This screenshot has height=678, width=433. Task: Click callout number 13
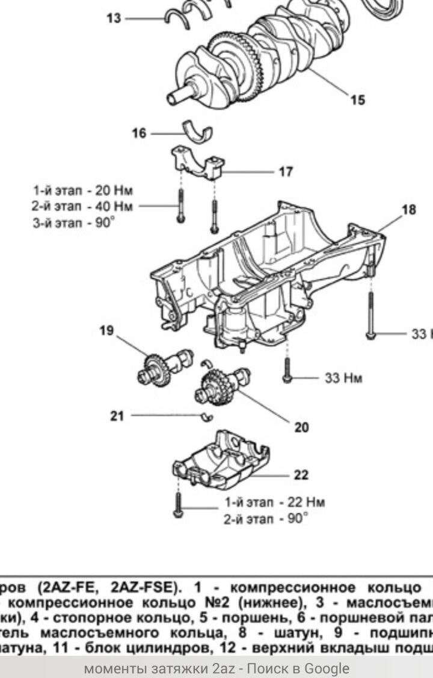point(114,18)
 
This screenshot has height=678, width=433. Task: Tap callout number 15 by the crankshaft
point(357,100)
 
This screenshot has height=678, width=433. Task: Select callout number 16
point(139,133)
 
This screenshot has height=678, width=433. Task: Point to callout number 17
point(286,172)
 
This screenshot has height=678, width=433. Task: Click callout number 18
point(409,210)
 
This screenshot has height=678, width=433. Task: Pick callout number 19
point(106,330)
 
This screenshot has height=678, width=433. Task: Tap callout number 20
point(301,427)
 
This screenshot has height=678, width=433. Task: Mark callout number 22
point(301,475)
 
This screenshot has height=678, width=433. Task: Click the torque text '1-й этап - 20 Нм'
point(83,191)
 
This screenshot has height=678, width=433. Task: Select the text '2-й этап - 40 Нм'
point(83,206)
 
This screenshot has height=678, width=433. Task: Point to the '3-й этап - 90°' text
point(74,222)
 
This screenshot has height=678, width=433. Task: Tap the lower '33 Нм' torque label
point(343,378)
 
